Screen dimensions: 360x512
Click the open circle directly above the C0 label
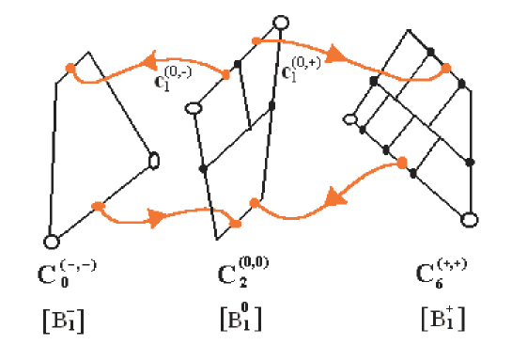click(53, 242)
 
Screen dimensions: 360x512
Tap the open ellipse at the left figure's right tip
click(154, 161)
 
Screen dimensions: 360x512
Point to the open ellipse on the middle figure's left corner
click(195, 109)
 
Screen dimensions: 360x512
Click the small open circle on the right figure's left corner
click(350, 119)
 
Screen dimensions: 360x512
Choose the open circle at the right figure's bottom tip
click(469, 220)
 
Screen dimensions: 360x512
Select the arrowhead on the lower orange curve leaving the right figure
click(333, 198)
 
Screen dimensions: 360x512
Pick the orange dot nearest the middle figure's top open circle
click(255, 40)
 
